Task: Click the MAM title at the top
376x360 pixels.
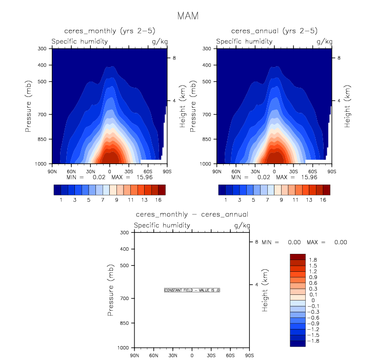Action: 188,16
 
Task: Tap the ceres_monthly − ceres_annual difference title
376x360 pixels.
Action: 192,214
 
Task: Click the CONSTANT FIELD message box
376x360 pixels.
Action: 192,290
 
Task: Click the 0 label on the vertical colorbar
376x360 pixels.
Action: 309,300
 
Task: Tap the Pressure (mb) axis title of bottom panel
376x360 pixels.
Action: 111,290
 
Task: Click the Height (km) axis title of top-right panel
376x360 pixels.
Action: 348,107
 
